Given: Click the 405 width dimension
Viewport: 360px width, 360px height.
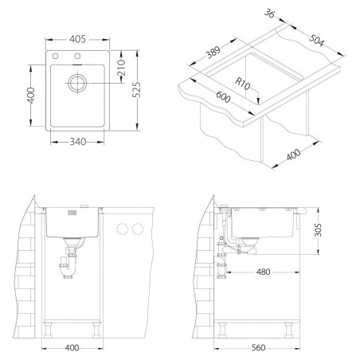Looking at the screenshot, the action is [x=77, y=39].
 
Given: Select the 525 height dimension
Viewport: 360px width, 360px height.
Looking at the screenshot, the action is [x=136, y=90].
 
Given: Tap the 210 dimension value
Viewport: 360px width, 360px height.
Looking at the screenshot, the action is [x=121, y=68].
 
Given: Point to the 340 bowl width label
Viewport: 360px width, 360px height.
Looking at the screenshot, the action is [x=78, y=142].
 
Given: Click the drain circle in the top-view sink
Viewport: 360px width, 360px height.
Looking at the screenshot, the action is [x=77, y=83].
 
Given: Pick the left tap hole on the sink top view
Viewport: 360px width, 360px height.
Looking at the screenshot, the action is [x=55, y=56].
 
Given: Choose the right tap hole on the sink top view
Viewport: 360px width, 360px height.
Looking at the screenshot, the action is [x=77, y=56].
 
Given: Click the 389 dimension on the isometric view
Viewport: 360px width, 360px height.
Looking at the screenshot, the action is [x=213, y=52].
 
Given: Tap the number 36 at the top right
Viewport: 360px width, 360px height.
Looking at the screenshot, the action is [x=269, y=14].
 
